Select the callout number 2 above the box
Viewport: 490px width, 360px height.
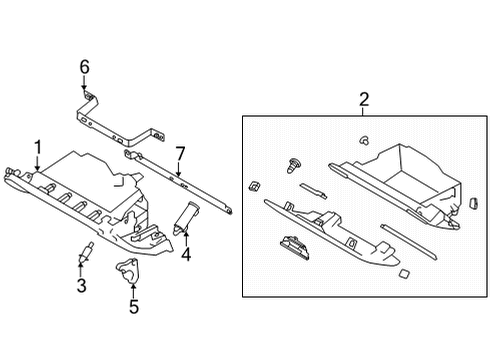click(364, 98)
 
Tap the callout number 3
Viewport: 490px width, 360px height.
click(82, 286)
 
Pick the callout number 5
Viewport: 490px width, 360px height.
click(132, 307)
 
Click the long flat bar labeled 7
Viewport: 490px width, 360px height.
click(180, 184)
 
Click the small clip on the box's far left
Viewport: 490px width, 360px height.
click(254, 185)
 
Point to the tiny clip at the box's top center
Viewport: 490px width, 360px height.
click(365, 139)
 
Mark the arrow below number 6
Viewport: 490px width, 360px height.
click(85, 84)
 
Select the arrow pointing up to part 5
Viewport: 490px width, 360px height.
click(132, 288)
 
